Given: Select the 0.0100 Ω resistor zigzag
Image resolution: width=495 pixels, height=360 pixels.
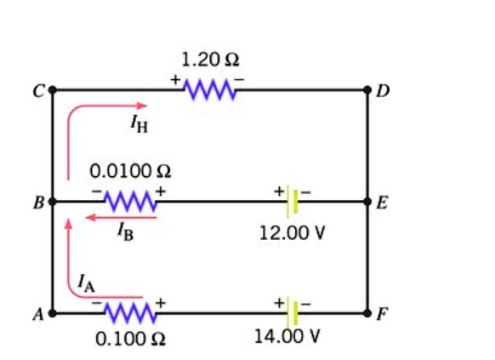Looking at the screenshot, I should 128,202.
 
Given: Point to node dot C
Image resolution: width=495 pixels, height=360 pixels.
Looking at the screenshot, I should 53,89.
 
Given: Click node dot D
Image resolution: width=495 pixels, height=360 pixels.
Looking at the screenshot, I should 367,89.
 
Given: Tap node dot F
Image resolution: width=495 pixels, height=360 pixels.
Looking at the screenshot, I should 367,312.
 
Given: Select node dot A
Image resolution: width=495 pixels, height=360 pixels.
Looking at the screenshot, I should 53,312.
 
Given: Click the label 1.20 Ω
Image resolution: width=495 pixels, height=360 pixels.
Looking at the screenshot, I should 209,60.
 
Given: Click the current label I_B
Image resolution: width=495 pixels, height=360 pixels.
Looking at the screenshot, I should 124,234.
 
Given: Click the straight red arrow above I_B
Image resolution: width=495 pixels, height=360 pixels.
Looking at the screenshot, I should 120,218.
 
